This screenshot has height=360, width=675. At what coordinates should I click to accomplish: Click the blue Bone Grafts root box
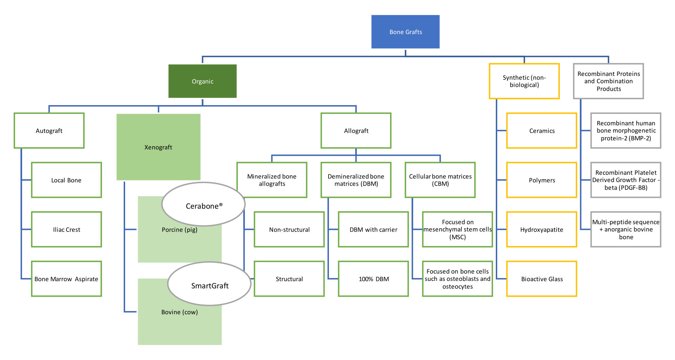tap(405, 32)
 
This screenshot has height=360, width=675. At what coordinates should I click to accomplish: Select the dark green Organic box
tap(202, 81)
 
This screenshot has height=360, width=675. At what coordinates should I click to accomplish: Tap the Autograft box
tap(49, 131)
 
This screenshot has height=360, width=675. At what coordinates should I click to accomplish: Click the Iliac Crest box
tap(66, 230)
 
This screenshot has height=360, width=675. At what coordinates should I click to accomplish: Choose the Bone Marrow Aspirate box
tap(66, 279)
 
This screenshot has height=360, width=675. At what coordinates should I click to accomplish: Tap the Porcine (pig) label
tap(179, 230)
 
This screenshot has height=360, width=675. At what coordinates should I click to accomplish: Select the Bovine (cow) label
tap(179, 312)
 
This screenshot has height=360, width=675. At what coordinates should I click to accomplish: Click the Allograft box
tap(356, 131)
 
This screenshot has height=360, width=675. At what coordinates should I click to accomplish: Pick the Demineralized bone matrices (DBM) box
tap(356, 180)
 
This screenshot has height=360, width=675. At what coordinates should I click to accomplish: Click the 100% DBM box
tap(374, 279)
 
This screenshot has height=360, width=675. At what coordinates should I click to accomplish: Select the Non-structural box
tap(289, 230)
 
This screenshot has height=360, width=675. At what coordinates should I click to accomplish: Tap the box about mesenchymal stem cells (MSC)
tap(457, 230)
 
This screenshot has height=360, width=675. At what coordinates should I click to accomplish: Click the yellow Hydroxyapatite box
tap(541, 230)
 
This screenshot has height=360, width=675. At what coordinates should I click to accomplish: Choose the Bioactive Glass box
tap(541, 279)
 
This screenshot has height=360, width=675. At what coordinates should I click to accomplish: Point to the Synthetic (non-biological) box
tap(524, 81)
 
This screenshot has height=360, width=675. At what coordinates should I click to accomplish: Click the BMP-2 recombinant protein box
tap(626, 131)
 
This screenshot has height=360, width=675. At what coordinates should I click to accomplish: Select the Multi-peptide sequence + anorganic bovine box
tap(626, 230)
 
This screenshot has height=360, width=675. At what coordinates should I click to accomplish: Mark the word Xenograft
tap(158, 147)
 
